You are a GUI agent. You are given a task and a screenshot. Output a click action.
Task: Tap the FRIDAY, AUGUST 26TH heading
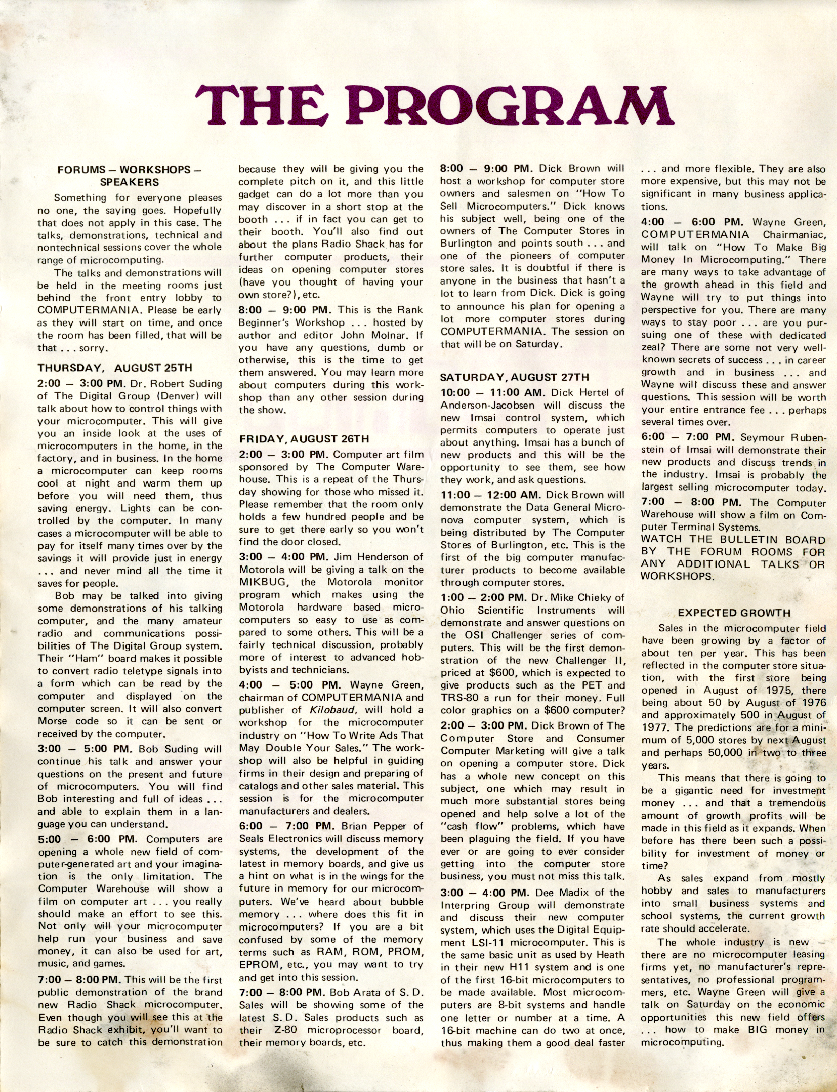[304, 438]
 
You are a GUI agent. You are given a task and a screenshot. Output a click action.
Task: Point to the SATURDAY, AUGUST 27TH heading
[514, 377]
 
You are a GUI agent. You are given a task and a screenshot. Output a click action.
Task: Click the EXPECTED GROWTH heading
[734, 613]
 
